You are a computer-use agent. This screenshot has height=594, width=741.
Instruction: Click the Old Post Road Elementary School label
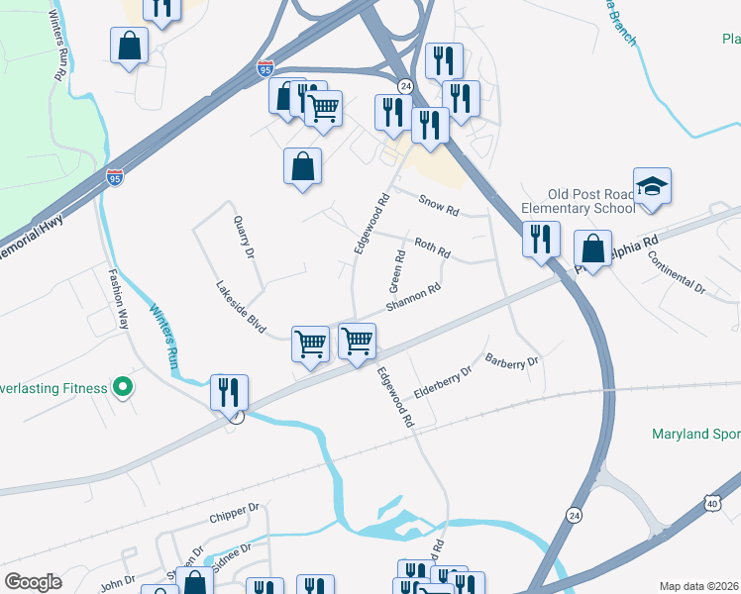[591, 201]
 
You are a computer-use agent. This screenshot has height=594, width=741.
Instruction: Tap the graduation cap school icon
[652, 187]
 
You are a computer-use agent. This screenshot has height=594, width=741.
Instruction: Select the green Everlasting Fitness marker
[123, 387]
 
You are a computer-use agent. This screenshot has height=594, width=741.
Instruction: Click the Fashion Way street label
[118, 300]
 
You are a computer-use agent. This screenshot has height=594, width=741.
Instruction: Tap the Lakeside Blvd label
[242, 307]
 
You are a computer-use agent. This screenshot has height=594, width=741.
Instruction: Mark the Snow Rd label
[439, 205]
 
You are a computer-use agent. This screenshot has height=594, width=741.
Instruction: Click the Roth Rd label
[432, 246]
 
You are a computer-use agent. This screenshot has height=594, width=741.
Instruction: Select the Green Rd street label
[398, 268]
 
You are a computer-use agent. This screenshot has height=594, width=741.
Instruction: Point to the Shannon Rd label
[413, 299]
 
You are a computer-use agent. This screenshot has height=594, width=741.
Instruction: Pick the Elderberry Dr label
[443, 381]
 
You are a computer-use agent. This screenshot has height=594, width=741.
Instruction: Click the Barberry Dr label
[511, 361]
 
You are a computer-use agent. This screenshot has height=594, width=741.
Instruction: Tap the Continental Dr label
[676, 270]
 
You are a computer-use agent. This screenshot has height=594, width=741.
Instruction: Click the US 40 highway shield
[713, 504]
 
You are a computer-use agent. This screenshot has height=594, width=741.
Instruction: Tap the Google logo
[33, 582]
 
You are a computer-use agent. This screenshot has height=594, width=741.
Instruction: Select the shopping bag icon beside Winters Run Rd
[129, 46]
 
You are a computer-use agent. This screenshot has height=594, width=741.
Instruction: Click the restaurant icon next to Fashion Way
[230, 392]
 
